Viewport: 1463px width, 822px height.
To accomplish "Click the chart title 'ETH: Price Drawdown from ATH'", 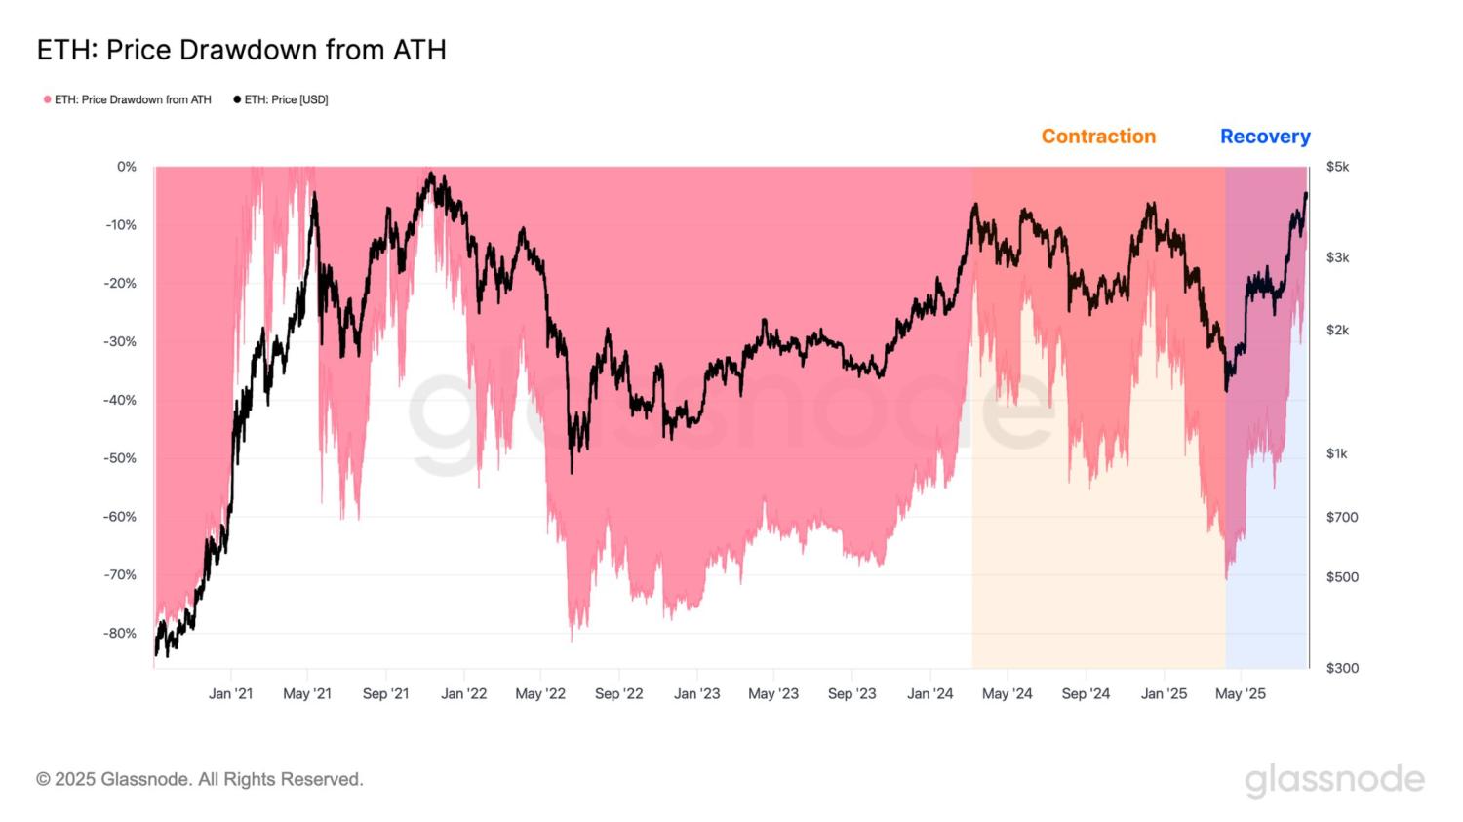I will click(241, 50).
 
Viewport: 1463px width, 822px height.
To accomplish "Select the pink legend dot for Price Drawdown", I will click(47, 99).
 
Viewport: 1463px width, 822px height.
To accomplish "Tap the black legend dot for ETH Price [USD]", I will click(237, 99).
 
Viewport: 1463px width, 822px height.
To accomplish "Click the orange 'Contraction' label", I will click(1098, 137).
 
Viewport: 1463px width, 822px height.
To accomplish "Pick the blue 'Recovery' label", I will click(1265, 137).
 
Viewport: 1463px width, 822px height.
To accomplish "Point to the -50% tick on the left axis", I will click(121, 458).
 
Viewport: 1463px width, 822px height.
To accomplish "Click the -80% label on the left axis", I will click(121, 633).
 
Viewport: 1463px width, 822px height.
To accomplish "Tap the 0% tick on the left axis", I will click(127, 167).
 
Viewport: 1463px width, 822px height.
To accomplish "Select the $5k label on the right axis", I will click(1337, 167).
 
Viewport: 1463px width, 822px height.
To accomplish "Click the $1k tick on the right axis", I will click(1336, 453).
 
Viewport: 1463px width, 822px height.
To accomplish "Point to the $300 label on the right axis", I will click(1342, 668).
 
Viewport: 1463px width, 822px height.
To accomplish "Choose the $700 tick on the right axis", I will click(1342, 517).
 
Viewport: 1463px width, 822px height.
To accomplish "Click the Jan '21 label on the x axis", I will click(230, 693).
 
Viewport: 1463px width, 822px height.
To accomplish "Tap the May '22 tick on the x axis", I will click(540, 693).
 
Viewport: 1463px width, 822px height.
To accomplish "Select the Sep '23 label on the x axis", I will click(851, 693).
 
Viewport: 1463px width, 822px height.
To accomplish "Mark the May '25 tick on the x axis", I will click(1241, 693).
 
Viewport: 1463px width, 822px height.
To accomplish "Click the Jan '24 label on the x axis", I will click(929, 693).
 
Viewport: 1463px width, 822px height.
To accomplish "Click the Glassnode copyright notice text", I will click(200, 779).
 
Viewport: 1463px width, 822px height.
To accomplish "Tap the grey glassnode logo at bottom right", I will click(1334, 780).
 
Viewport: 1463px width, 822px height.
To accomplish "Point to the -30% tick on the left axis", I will click(121, 341).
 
